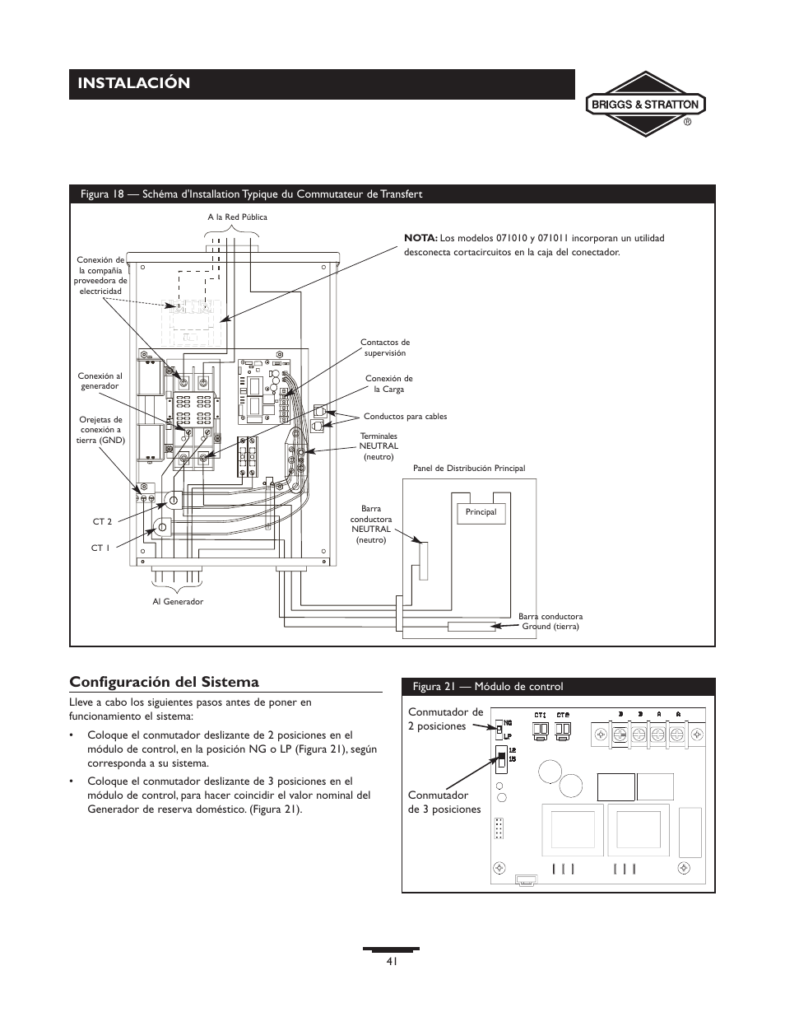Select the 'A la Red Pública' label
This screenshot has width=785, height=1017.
pyautogui.click(x=237, y=217)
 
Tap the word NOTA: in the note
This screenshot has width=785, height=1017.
pyautogui.click(x=420, y=238)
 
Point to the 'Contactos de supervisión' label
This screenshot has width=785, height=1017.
pyautogui.click(x=385, y=348)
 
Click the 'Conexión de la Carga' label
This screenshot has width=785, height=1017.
pyautogui.click(x=389, y=384)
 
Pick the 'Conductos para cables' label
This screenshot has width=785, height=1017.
pyautogui.click(x=406, y=417)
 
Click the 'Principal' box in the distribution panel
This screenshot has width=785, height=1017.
pyautogui.click(x=481, y=512)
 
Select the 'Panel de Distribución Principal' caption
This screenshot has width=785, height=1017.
pyautogui.click(x=469, y=469)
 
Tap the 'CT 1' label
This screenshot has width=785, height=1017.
pyautogui.click(x=100, y=548)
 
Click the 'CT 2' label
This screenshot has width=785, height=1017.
pyautogui.click(x=102, y=521)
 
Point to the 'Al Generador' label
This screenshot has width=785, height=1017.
pyautogui.click(x=177, y=602)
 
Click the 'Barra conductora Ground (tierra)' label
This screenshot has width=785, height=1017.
pyautogui.click(x=550, y=621)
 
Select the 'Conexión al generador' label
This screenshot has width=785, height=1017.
pyautogui.click(x=100, y=381)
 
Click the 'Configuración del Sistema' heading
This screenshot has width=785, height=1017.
pyautogui.click(x=165, y=682)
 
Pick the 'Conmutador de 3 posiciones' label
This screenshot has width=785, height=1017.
pyautogui.click(x=444, y=802)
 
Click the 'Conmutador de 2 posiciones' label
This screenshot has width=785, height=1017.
pyautogui.click(x=445, y=719)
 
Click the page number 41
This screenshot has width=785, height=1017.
pyautogui.click(x=392, y=962)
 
